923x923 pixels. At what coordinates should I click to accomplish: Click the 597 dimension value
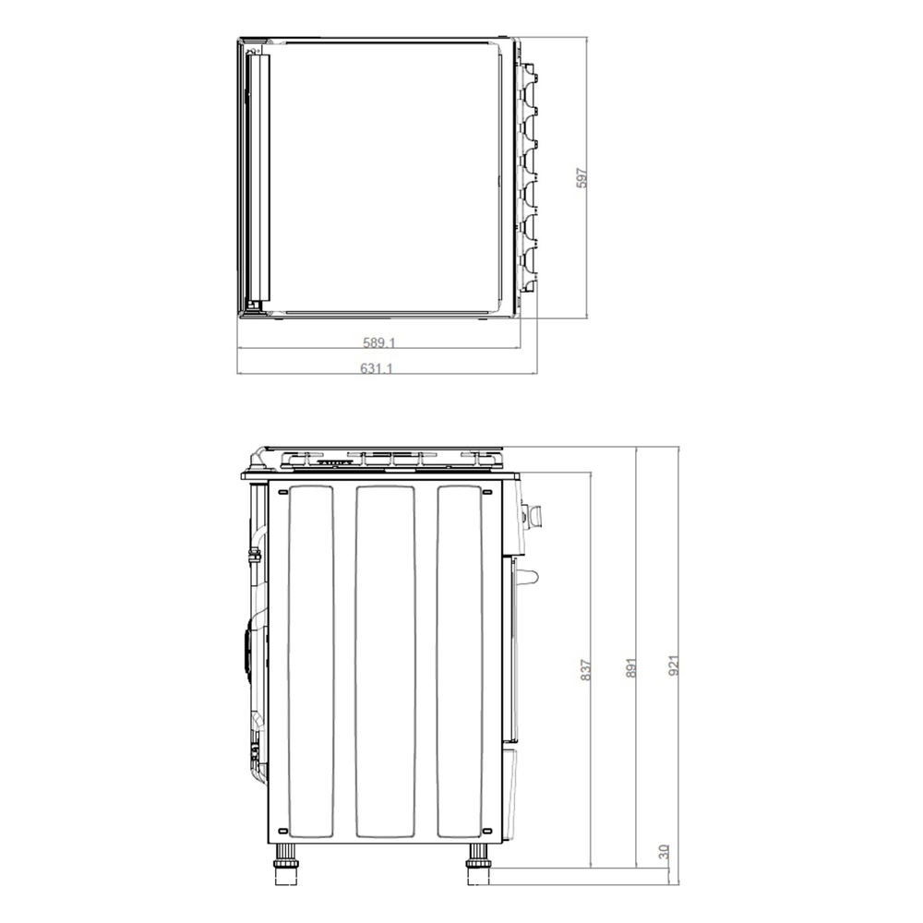(581, 178)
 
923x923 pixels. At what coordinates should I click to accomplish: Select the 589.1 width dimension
(379, 342)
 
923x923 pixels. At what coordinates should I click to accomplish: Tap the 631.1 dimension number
(377, 368)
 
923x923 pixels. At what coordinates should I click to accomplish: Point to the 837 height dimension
(585, 670)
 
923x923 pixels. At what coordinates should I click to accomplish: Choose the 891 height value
(631, 667)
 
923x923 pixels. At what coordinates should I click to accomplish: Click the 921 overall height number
(674, 665)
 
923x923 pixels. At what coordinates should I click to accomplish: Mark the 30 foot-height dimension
(664, 852)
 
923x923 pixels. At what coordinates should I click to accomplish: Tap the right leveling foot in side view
(477, 864)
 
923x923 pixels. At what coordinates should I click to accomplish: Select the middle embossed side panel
(386, 661)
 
